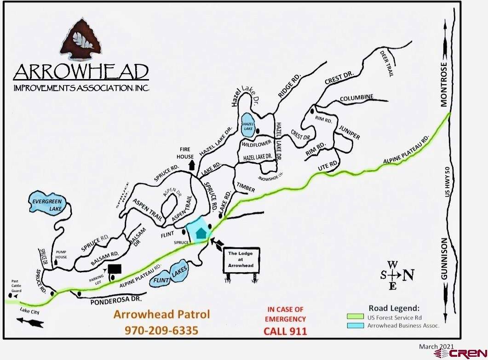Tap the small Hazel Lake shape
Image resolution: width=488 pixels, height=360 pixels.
pyautogui.click(x=248, y=124)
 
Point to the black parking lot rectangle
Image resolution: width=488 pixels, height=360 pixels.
pyautogui.click(x=114, y=269)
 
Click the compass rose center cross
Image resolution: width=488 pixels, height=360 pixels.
pyautogui.click(x=392, y=275)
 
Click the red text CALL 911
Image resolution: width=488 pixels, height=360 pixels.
pyautogui.click(x=285, y=331)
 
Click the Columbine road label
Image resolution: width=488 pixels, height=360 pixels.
pyautogui.click(x=356, y=98)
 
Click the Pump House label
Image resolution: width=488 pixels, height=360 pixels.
pyautogui.click(x=61, y=254)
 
